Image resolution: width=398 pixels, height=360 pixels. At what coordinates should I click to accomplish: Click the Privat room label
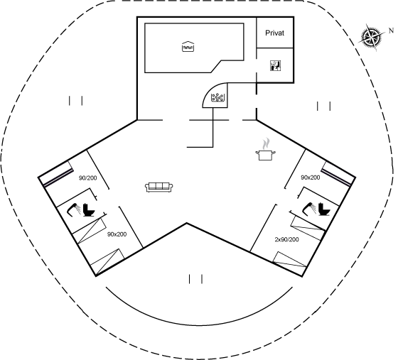pyautogui.click(x=274, y=33)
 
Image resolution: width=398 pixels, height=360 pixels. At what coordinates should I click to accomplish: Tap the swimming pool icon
pyautogui.click(x=188, y=46)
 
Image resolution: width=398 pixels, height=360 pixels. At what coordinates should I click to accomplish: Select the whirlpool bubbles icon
pyautogui.click(x=218, y=97)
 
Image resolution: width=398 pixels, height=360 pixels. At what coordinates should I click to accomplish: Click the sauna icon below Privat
pyautogui.click(x=276, y=65)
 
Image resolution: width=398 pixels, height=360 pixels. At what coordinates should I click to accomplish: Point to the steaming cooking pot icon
pyautogui.click(x=265, y=150)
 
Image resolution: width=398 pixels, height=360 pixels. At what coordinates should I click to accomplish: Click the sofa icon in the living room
pyautogui.click(x=159, y=187)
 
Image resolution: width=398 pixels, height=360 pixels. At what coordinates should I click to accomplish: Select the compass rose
pyautogui.click(x=371, y=38)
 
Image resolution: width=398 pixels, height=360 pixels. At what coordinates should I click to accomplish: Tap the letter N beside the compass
pyautogui.click(x=391, y=31)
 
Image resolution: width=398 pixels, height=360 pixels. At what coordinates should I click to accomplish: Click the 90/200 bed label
pyautogui.click(x=88, y=178)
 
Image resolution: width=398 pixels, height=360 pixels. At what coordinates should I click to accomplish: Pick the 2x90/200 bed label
pyautogui.click(x=286, y=239)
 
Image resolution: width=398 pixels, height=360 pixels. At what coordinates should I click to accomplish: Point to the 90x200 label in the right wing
pyautogui.click(x=310, y=178)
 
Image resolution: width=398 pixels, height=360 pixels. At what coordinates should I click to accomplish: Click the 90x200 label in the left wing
pyautogui.click(x=117, y=234)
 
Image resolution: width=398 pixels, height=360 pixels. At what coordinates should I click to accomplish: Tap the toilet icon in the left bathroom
pyautogui.click(x=89, y=209)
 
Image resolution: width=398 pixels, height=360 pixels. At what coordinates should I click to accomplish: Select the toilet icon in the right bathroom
pyautogui.click(x=324, y=209)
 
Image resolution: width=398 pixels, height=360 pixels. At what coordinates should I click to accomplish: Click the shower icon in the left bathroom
pyautogui.click(x=74, y=209)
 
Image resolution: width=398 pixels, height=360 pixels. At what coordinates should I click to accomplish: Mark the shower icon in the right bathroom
pyautogui.click(x=309, y=208)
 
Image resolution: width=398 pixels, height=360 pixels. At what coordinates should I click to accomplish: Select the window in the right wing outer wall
pyautogui.click(x=338, y=174)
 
